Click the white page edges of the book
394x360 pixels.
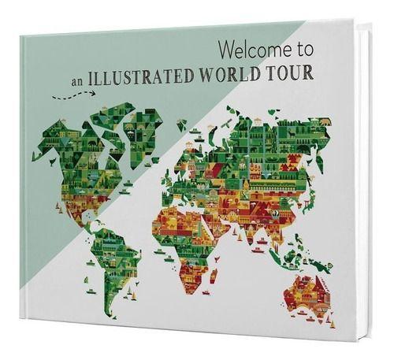370,158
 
